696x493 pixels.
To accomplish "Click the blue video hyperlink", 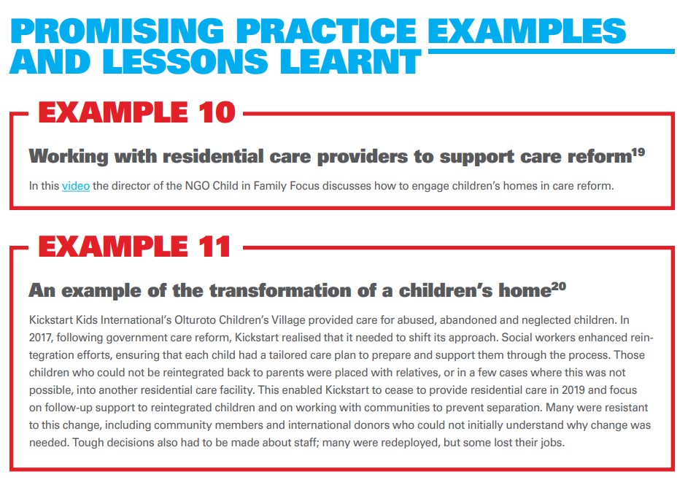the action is point(76,186).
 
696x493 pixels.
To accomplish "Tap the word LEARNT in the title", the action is point(350,61).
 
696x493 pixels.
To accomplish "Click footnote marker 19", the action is point(638,152).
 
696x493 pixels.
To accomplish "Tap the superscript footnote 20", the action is point(559,286).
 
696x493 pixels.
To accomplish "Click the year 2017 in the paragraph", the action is point(40,338).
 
